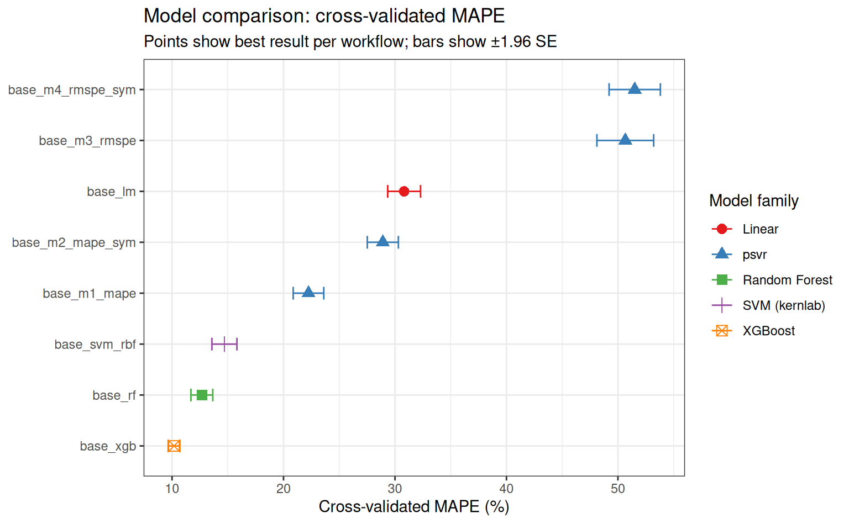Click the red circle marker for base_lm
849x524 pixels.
404,192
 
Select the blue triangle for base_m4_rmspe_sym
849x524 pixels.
635,89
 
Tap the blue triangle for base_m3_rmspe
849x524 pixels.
625,140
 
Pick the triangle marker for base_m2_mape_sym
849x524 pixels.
383,241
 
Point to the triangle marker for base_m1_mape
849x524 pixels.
308,292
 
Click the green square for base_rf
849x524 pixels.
202,395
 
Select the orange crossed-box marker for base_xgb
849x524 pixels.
174,446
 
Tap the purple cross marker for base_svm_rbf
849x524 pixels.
224,344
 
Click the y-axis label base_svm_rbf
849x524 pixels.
95,345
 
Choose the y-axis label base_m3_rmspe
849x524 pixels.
87,141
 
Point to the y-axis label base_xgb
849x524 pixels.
108,446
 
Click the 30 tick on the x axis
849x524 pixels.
395,489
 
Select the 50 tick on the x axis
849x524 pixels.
618,489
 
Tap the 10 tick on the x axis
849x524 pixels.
172,489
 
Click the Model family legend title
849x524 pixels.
754,200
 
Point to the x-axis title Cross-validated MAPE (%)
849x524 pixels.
414,507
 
